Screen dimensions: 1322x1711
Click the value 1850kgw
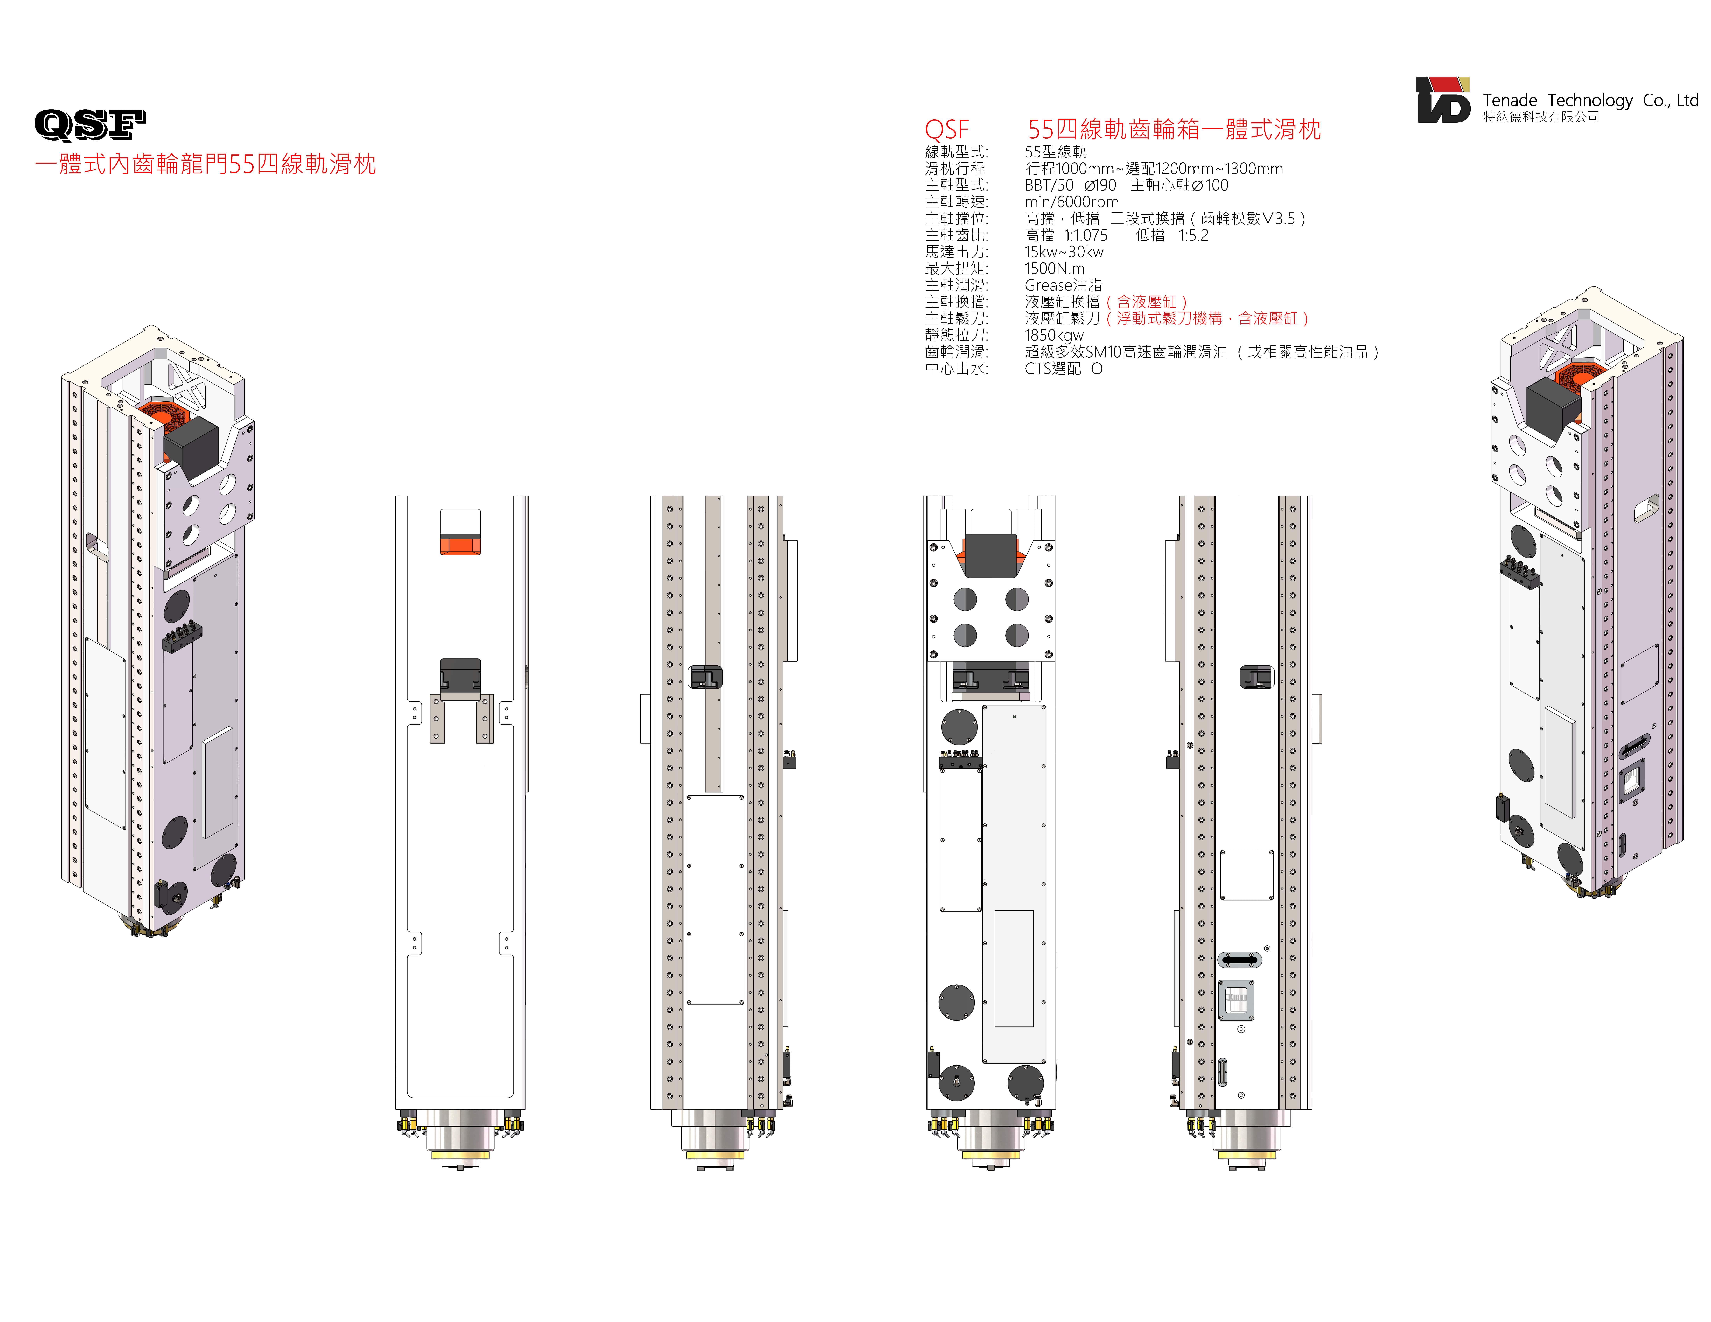pos(1054,335)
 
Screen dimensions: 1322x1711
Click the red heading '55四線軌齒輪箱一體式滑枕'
pos(1174,129)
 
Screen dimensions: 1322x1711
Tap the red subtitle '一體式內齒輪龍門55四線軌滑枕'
pos(205,164)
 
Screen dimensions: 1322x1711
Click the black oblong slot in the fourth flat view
pos(1239,959)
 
